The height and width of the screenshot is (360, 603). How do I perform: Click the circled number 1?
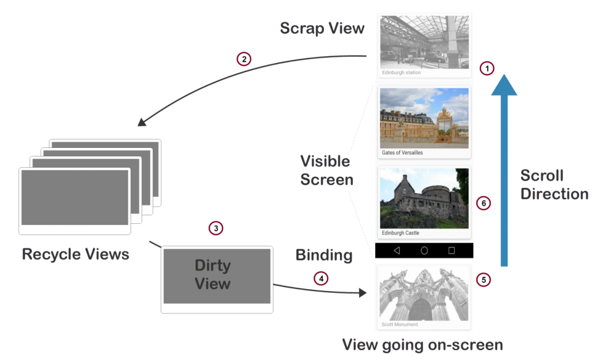click(x=487, y=68)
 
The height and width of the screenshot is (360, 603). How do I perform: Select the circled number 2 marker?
click(x=244, y=59)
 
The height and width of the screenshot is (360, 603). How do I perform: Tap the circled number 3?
click(x=216, y=228)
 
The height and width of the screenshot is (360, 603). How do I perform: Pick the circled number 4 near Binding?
click(x=321, y=279)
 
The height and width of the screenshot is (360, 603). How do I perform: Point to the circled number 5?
click(x=483, y=280)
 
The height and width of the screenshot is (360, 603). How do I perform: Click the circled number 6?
click(x=483, y=203)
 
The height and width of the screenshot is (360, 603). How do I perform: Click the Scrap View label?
click(x=322, y=28)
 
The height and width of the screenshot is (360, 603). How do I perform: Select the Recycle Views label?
click(x=75, y=254)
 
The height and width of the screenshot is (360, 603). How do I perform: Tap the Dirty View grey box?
click(x=217, y=276)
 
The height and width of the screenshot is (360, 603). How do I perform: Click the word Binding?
click(x=324, y=255)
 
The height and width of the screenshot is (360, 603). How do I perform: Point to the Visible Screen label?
click(x=326, y=170)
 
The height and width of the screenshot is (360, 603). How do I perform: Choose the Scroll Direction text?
click(x=554, y=184)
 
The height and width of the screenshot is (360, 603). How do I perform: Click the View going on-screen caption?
click(x=423, y=345)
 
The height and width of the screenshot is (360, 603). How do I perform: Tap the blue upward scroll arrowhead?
click(x=504, y=85)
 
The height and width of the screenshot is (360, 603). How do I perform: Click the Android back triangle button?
click(x=397, y=250)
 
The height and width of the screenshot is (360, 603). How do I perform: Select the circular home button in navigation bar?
click(x=424, y=250)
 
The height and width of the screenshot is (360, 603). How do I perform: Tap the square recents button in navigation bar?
click(x=452, y=250)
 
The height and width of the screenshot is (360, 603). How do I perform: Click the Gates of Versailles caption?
click(x=402, y=153)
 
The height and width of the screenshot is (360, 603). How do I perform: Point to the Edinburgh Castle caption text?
click(x=400, y=233)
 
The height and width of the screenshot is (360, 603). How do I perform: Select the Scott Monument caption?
click(x=400, y=325)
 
